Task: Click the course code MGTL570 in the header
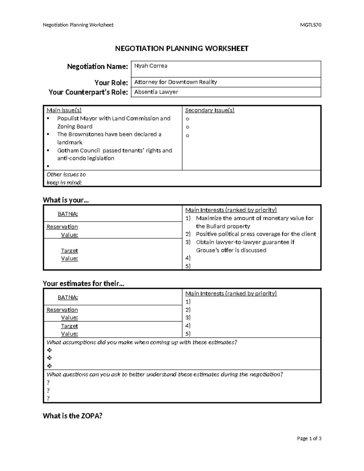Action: point(310,25)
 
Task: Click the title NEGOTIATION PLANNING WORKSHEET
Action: point(182,49)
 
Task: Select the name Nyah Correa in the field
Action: point(151,66)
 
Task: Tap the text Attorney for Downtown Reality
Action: point(176,82)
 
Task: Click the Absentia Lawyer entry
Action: point(156,92)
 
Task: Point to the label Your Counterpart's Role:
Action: point(88,92)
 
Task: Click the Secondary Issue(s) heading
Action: point(210,110)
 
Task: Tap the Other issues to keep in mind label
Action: point(66,178)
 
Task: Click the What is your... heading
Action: point(66,200)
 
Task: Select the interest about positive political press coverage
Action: point(256,234)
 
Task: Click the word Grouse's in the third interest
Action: point(207,250)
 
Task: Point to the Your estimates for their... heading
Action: point(83,284)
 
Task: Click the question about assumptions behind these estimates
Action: point(142,342)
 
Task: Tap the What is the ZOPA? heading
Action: point(72,416)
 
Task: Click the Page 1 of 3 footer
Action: point(309,439)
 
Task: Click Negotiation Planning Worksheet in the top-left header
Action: point(78,25)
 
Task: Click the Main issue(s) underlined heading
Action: point(64,110)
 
